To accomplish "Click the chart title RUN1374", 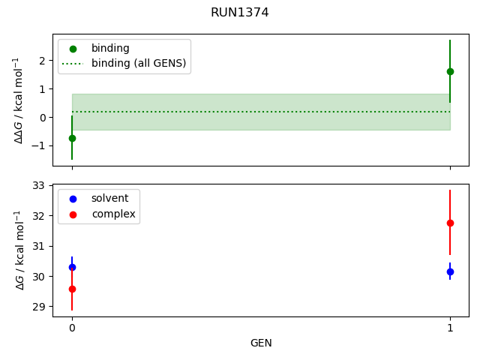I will click(240, 13).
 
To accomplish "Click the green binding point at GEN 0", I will click(72, 138).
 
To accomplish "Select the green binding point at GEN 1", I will click(450, 71).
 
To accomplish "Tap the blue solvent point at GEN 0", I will click(72, 267).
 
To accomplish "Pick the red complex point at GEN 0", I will click(72, 289).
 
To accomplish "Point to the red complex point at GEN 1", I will click(450, 223).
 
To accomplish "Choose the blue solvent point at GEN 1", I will click(450, 271).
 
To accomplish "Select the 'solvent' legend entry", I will click(109, 198).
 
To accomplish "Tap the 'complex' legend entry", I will click(113, 214).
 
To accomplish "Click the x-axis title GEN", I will click(261, 343).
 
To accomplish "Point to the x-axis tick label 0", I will click(72, 328).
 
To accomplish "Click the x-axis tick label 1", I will click(450, 328).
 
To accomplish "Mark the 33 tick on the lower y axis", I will click(39, 185).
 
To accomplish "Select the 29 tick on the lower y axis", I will click(39, 307).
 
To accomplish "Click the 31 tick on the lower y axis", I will click(39, 246).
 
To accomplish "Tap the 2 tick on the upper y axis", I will click(43, 61).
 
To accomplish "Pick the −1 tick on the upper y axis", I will click(40, 145).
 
